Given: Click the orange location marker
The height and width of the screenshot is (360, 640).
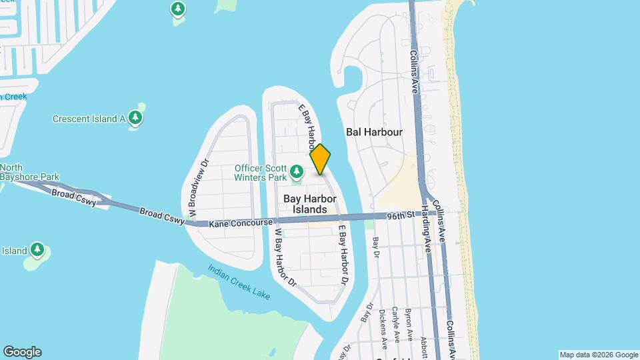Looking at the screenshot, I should point(321,159).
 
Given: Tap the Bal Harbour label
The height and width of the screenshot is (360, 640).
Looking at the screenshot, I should point(374,132).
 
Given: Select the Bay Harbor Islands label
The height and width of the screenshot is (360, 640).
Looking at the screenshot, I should point(310,204).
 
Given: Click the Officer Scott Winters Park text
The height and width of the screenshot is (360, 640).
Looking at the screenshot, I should point(261,172).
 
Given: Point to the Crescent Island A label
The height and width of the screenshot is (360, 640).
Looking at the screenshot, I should point(89,119).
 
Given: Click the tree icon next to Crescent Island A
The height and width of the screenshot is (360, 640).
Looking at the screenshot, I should point(136,119).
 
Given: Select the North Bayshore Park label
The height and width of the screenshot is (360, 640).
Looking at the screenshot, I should point(29,172).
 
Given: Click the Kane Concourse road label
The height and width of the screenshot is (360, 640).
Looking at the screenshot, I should point(241,223).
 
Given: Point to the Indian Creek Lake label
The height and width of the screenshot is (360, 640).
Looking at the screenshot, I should point(239,281).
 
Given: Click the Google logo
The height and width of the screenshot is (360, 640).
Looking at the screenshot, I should point(22,352).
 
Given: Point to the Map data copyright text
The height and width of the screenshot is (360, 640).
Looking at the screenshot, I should point(599,355).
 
